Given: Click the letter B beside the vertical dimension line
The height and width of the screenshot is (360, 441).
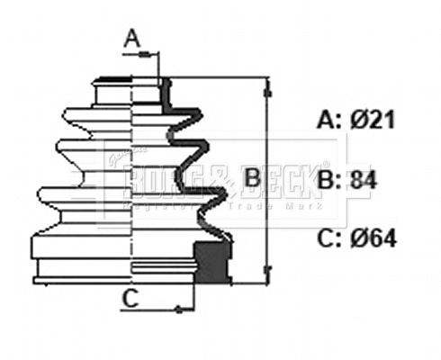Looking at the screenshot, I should pos(253,177).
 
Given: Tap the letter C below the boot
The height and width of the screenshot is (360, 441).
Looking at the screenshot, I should pos(130,301).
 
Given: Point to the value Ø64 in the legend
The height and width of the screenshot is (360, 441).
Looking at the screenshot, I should pos(370,238).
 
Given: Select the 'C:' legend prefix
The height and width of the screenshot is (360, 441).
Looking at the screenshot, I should pos(328,238).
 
